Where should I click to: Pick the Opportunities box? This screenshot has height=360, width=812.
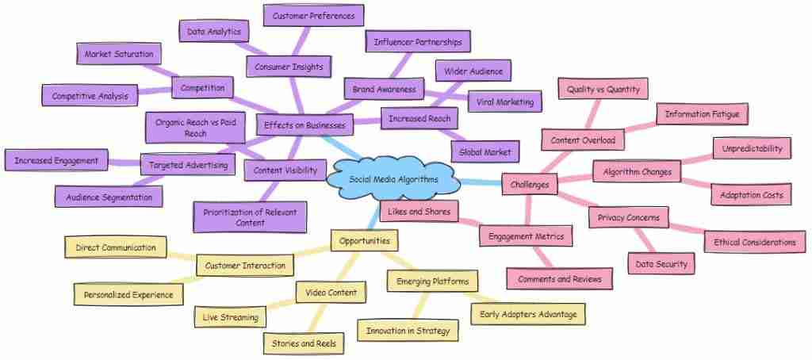364,239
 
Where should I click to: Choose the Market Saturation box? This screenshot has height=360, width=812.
119,55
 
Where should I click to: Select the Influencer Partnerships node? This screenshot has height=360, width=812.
419,40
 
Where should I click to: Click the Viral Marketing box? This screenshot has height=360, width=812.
505,101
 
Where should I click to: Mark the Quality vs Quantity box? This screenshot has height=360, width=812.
603,90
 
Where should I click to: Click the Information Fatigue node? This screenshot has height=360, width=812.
702,114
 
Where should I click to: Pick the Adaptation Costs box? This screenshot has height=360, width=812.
750,193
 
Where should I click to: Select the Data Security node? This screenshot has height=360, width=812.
661,264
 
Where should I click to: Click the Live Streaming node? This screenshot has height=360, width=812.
231,317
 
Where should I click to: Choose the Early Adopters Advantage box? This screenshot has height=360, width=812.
528,313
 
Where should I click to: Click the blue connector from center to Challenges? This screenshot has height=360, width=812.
481,182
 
